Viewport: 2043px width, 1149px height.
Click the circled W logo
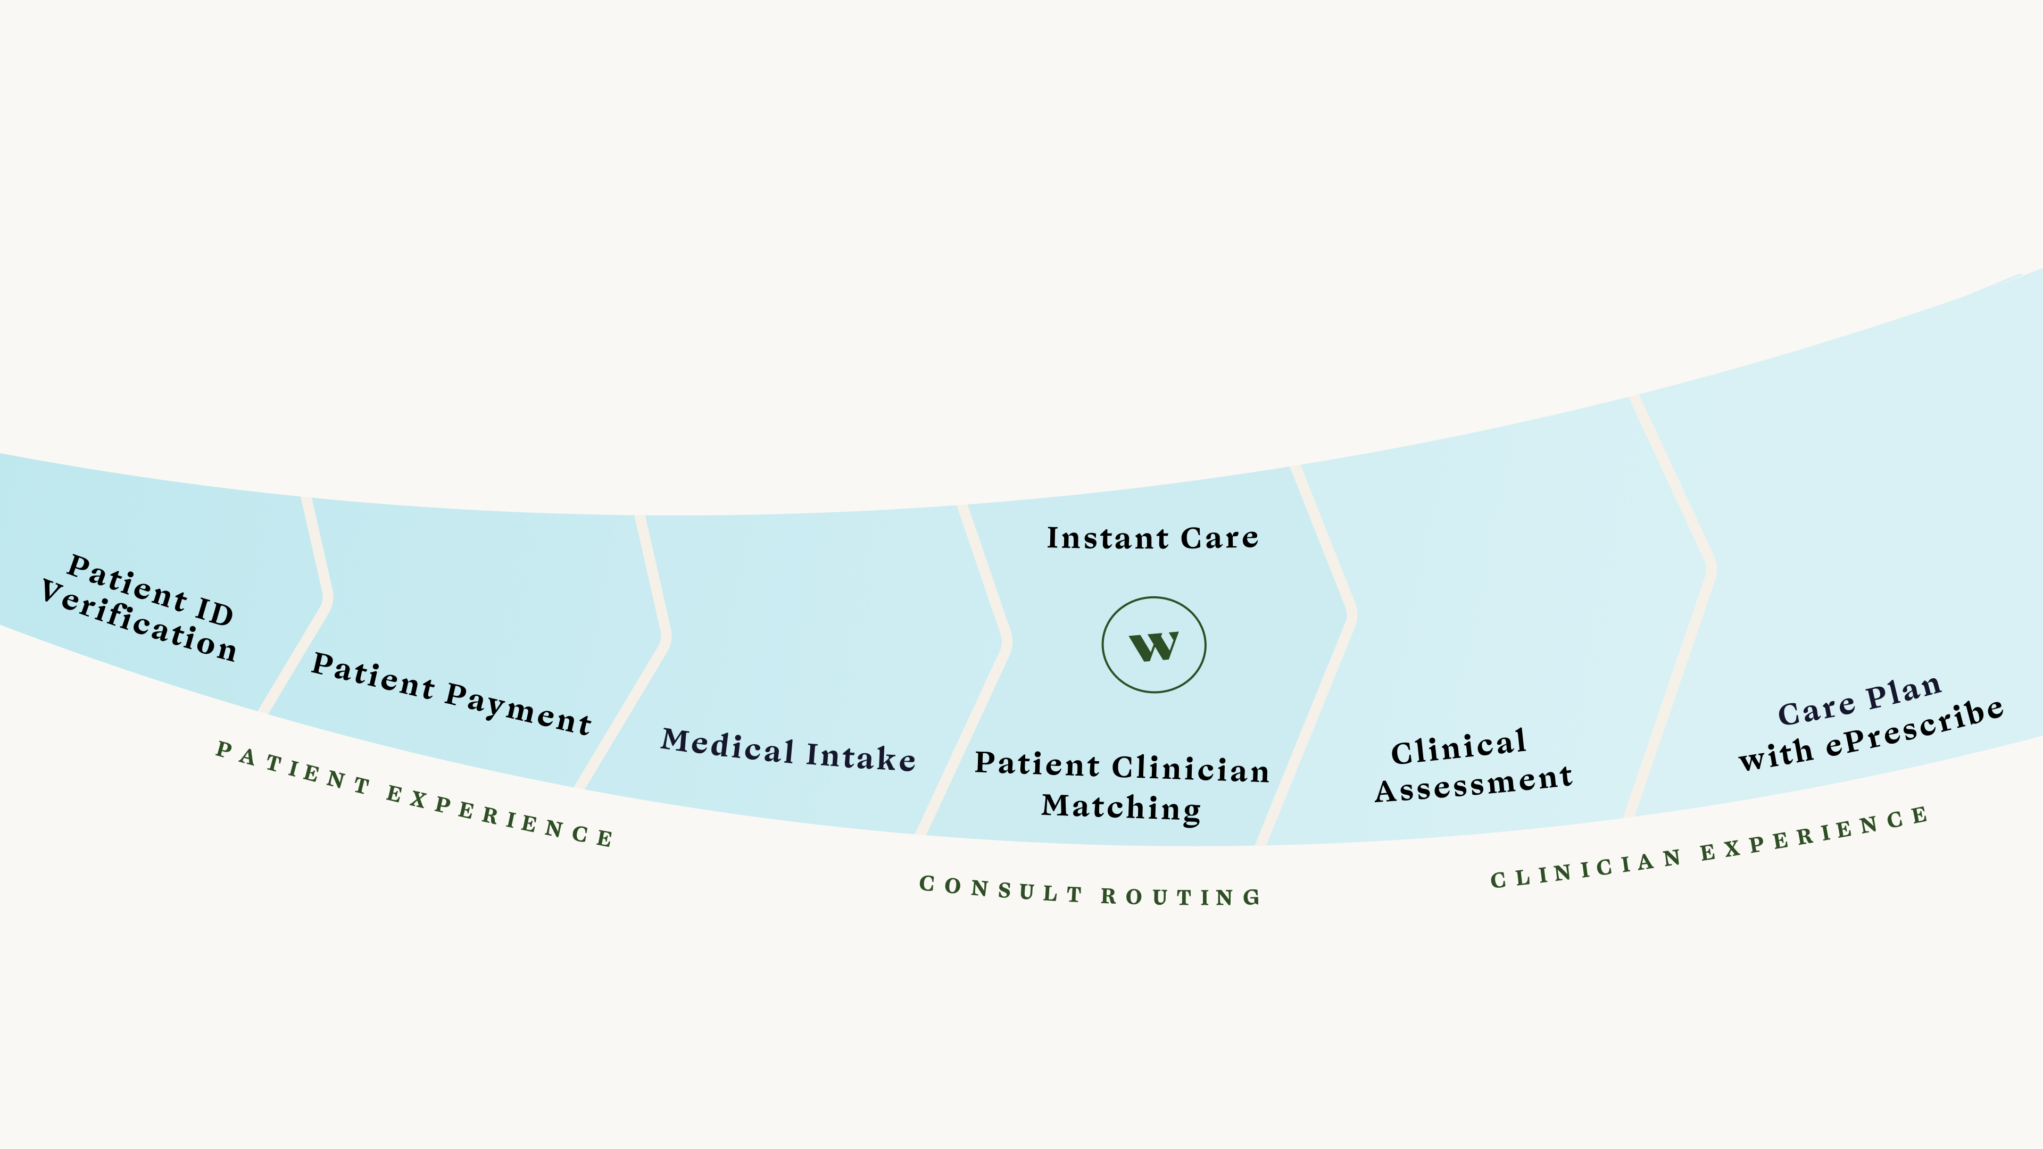(x=1154, y=645)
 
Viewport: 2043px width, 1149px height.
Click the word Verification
(x=139, y=622)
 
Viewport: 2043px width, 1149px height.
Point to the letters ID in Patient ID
(x=213, y=611)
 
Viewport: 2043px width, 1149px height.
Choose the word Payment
(x=518, y=710)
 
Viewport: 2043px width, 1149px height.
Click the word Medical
(x=728, y=746)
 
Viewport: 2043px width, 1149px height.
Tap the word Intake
(x=860, y=757)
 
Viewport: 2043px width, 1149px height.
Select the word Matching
(x=1120, y=807)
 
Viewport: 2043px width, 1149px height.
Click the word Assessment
(x=1474, y=784)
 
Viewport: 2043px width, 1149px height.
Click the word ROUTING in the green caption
(x=1181, y=897)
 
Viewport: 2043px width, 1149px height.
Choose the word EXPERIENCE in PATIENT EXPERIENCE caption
(x=500, y=817)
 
